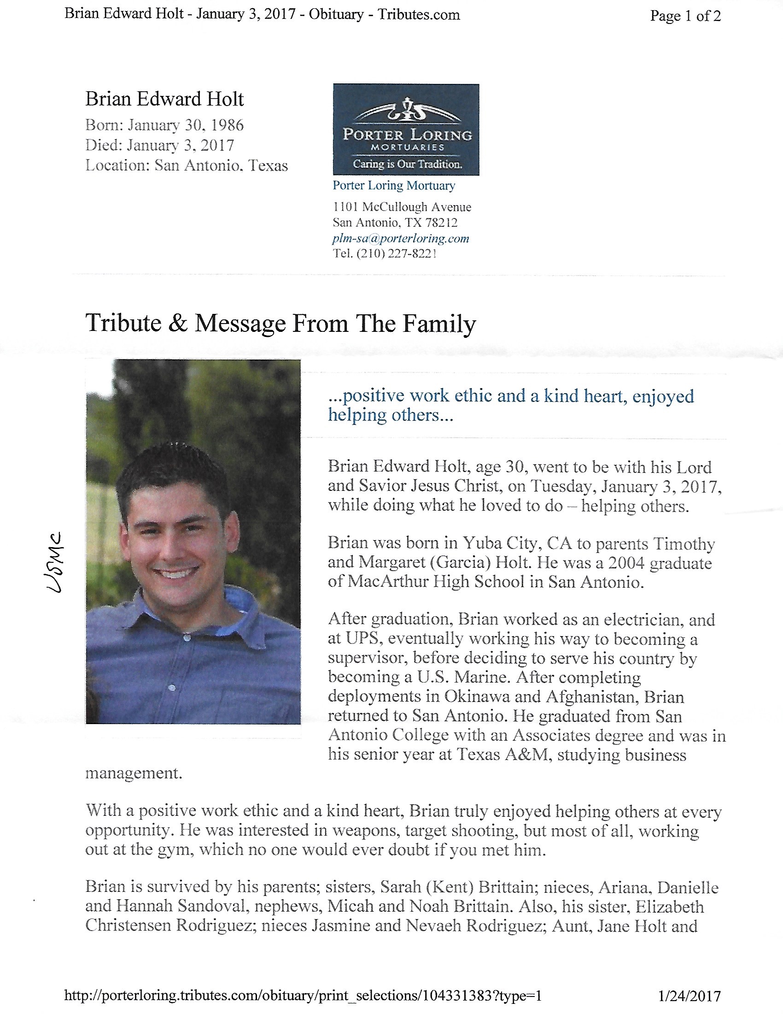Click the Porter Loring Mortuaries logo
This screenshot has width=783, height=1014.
(x=406, y=129)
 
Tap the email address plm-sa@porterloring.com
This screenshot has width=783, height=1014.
(x=400, y=239)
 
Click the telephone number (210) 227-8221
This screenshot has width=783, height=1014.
(x=396, y=253)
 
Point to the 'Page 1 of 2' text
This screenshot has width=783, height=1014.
(x=685, y=16)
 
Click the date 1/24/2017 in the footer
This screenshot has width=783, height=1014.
(x=690, y=996)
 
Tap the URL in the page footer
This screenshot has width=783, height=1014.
(x=303, y=996)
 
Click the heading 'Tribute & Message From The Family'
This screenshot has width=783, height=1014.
(x=280, y=323)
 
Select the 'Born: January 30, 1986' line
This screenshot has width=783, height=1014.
(x=164, y=125)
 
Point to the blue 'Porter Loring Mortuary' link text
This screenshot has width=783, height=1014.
(x=393, y=185)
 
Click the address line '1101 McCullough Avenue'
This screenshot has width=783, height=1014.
(x=402, y=207)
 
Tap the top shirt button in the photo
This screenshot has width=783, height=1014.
(x=187, y=638)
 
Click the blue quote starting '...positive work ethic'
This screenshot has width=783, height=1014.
(x=510, y=405)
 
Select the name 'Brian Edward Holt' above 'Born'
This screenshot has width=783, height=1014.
(x=164, y=99)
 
